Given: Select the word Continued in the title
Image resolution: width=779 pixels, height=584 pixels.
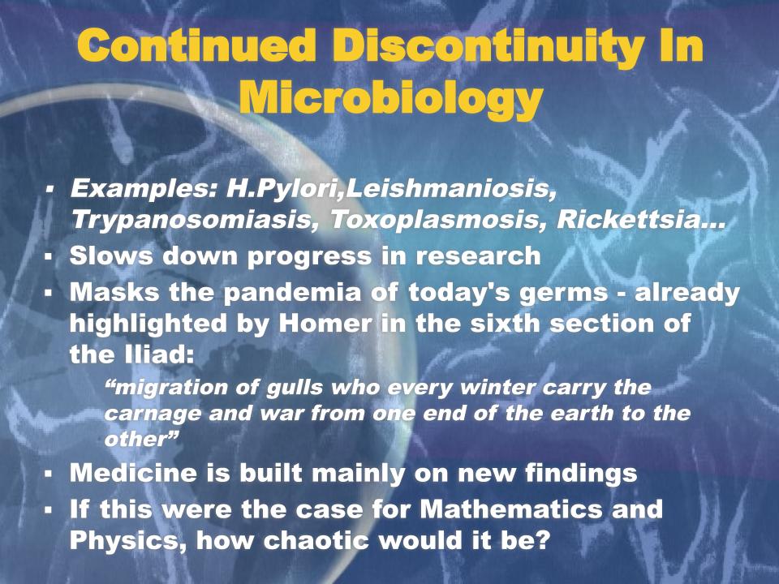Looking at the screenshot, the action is coord(196,45).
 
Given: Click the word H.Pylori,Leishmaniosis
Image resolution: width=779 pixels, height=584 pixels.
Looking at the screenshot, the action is coord(391,190).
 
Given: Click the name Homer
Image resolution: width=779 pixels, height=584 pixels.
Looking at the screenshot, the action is coord(325,324).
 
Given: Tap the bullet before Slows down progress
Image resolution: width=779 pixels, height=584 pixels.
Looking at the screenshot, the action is coord(48,257).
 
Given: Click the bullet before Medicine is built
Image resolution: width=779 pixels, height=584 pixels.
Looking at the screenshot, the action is coord(48,474).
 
